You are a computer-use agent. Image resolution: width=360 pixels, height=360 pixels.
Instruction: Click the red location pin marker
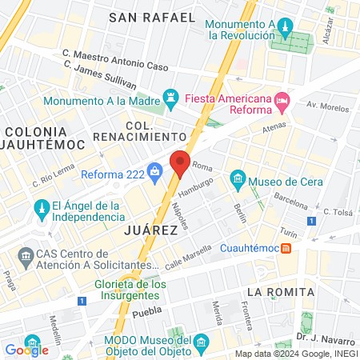[180, 163]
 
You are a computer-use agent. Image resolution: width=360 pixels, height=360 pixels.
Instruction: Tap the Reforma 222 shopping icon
[156, 170]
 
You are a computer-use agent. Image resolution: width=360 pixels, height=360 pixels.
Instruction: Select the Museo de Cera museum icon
[238, 178]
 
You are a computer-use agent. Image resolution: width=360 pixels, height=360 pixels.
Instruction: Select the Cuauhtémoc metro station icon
[286, 248]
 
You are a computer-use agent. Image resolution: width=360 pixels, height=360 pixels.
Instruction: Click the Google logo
[26, 350]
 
